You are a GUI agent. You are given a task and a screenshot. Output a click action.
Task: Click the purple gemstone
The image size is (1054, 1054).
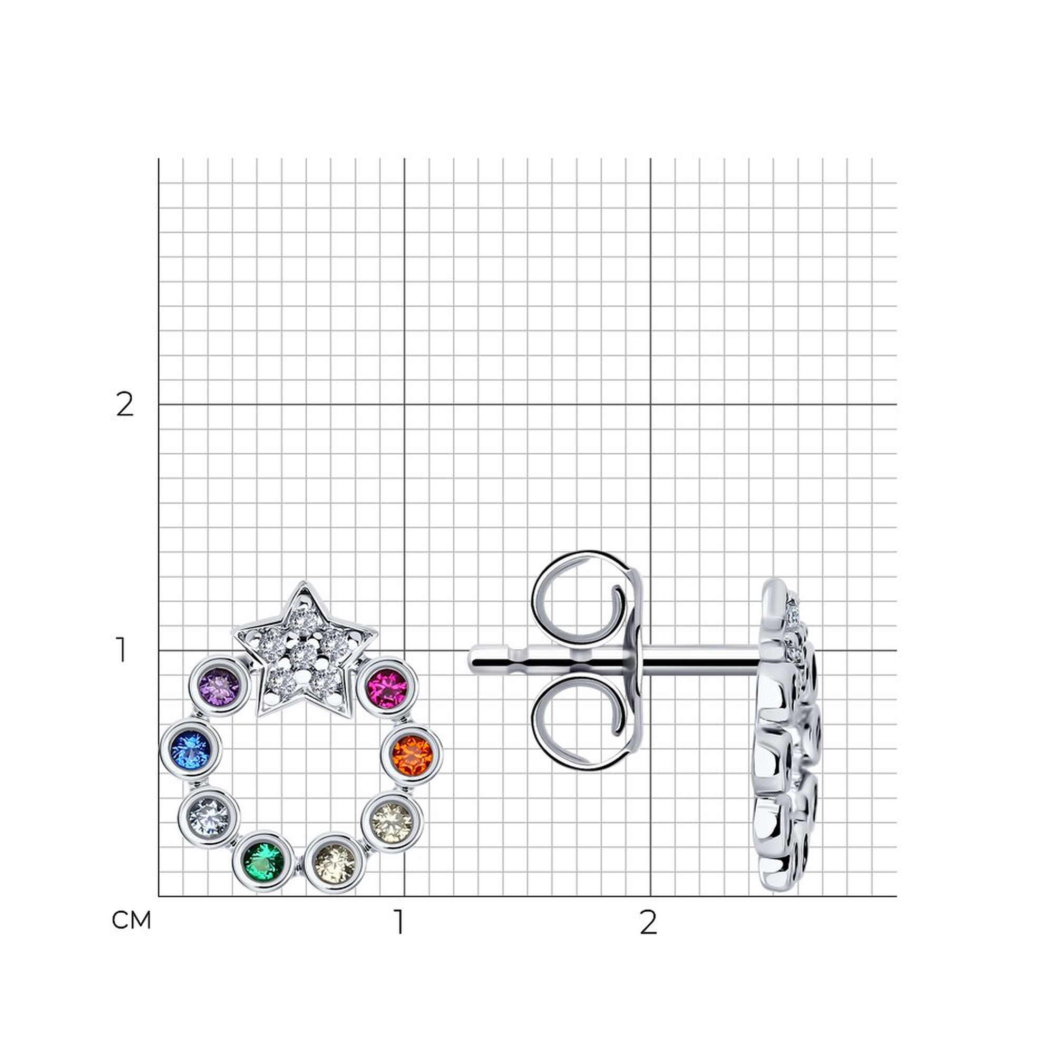pyautogui.click(x=219, y=686)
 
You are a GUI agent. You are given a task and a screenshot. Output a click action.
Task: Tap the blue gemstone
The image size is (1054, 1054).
pyautogui.click(x=190, y=749)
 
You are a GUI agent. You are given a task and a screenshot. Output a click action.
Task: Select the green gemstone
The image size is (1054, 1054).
pyautogui.click(x=264, y=863)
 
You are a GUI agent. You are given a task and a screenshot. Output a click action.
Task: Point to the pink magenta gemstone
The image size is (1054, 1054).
pyautogui.click(x=387, y=688)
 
